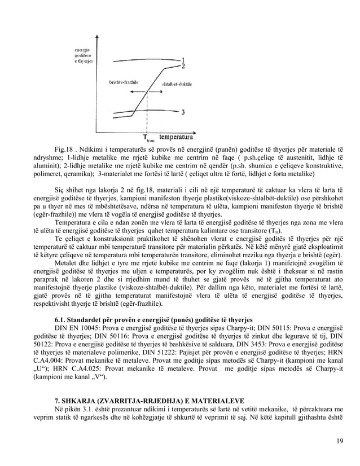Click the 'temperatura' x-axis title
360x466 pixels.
177,137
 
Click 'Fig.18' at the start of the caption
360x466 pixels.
64,150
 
